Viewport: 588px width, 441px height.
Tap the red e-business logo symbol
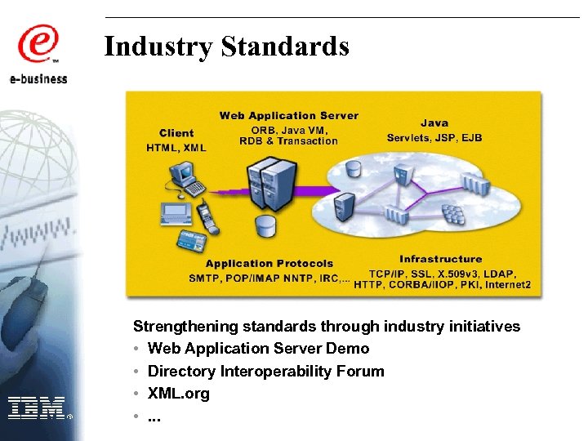tap(38, 44)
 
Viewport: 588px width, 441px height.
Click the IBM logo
tap(38, 408)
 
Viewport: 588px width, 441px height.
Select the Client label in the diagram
tap(176, 133)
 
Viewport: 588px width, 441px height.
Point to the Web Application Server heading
tap(288, 116)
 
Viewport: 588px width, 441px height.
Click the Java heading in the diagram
tap(434, 123)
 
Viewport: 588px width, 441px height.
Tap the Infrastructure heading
tap(440, 260)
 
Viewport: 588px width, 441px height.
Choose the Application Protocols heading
tap(269, 263)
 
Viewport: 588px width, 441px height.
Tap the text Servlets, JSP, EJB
tap(434, 137)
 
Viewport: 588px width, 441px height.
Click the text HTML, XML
tap(176, 148)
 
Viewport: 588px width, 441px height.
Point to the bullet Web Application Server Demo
tap(258, 349)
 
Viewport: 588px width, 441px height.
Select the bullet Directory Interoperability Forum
tap(265, 372)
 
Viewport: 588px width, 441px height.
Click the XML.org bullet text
tap(178, 394)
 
